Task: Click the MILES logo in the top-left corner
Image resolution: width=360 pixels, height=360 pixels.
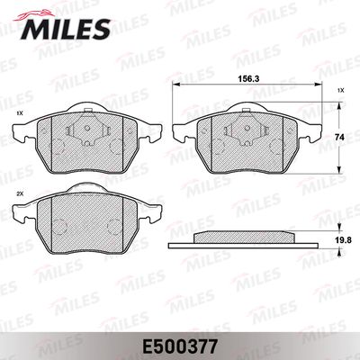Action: point(62,26)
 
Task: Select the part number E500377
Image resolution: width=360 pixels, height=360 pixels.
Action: point(179,346)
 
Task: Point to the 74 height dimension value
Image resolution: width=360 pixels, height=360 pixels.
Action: point(339,137)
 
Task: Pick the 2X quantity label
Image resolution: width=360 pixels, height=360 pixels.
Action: point(20,194)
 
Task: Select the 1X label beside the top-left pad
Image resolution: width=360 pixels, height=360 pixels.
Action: point(20,113)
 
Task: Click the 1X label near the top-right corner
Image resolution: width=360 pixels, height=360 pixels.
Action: point(340,90)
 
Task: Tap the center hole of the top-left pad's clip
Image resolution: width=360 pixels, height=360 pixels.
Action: point(87,128)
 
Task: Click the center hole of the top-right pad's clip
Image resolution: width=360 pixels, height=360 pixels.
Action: point(247,128)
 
